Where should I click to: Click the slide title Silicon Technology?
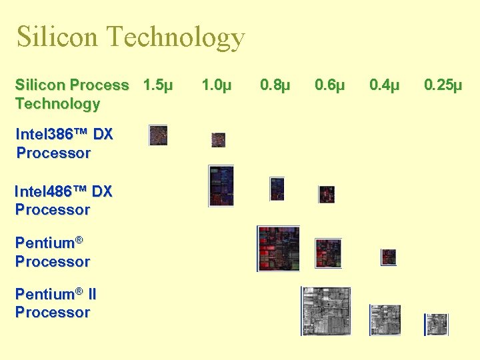click(131, 37)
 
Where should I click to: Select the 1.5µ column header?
click(158, 85)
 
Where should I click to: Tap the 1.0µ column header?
click(217, 85)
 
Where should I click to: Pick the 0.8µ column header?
click(275, 85)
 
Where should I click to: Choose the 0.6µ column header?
click(330, 85)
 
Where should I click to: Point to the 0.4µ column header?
click(385, 85)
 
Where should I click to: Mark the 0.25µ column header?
click(443, 85)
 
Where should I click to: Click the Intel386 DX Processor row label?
click(64, 143)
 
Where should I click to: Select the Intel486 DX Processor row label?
click(63, 200)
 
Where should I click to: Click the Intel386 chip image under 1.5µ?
click(158, 135)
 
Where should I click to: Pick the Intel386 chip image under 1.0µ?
click(218, 140)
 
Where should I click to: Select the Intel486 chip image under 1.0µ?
click(221, 185)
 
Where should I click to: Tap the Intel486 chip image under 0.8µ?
click(277, 189)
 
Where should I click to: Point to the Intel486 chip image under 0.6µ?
click(326, 194)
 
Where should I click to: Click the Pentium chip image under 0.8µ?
click(279, 248)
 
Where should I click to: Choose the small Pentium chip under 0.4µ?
click(389, 257)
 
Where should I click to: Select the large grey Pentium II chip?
click(326, 311)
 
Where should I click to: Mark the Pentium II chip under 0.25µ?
click(437, 324)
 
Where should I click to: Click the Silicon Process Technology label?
click(72, 94)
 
